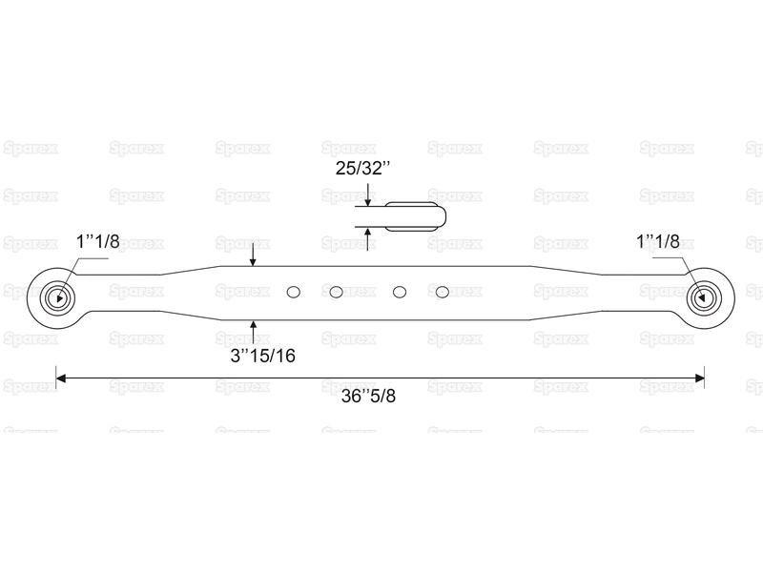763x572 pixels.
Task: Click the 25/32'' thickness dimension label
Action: click(363, 169)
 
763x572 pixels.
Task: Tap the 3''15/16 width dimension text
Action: click(263, 356)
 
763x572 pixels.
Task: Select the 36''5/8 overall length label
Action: click(368, 396)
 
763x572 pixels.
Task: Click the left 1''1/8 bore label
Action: click(98, 241)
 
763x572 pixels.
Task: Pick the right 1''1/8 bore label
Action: click(658, 241)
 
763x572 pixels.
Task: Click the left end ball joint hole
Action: click(59, 297)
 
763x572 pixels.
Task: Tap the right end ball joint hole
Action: click(701, 297)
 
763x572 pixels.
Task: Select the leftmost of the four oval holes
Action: click(294, 292)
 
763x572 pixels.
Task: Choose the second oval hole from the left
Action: click(336, 292)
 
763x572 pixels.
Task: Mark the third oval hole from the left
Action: click(400, 292)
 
